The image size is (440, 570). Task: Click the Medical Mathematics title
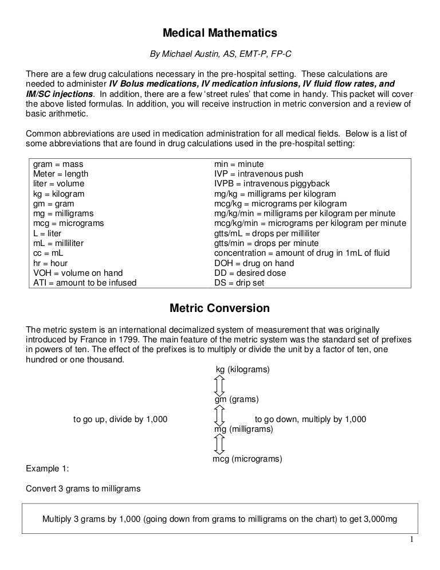[x=220, y=33]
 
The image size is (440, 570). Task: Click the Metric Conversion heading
[x=220, y=309]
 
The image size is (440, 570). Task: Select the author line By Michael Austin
[x=221, y=54]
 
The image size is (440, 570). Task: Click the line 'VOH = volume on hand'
[x=78, y=272]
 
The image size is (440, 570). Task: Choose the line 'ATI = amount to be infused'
[x=85, y=282]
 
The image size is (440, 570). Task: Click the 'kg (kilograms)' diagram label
[x=242, y=370]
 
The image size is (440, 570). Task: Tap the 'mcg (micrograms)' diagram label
[x=247, y=459]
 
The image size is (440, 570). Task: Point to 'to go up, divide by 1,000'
[x=120, y=419]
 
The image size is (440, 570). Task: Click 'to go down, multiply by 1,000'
[x=310, y=419]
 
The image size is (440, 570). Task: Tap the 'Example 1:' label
[x=48, y=469]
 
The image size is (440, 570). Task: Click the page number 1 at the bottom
[x=411, y=540]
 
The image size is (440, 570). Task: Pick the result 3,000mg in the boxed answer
[x=376, y=520]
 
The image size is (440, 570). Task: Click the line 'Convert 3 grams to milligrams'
[x=84, y=489]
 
